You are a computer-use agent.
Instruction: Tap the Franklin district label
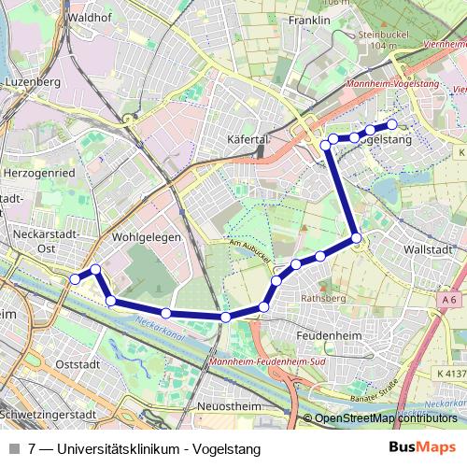click(x=311, y=20)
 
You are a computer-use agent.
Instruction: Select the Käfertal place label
click(x=248, y=139)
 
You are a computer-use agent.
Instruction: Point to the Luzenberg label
click(x=32, y=82)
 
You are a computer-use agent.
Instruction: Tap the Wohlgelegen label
click(x=146, y=237)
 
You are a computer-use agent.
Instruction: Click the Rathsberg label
click(x=324, y=298)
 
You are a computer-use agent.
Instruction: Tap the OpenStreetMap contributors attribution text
click(x=386, y=417)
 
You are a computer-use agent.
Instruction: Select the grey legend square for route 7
click(x=14, y=448)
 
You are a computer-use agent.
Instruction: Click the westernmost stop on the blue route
click(x=75, y=278)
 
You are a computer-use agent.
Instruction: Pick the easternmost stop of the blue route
click(x=392, y=124)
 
